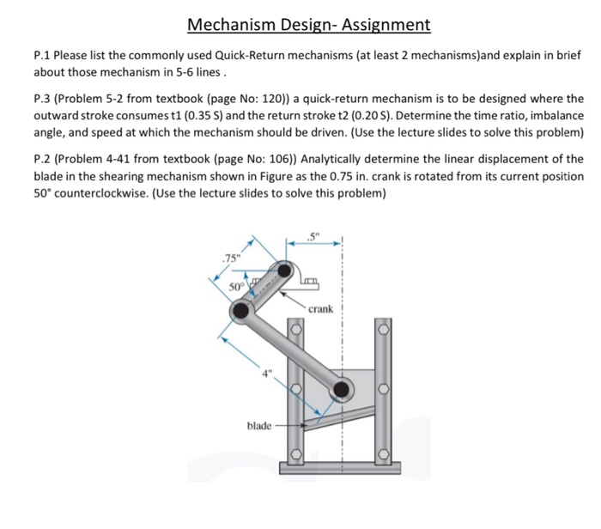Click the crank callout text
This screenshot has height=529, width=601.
(325, 307)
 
